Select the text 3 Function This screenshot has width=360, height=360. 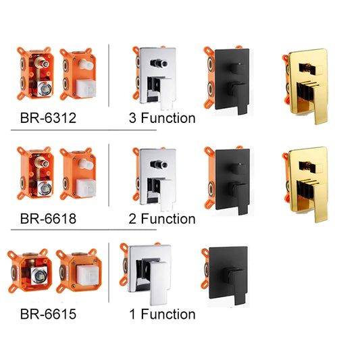162,119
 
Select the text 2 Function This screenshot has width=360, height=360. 162,218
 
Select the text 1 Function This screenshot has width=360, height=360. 162,314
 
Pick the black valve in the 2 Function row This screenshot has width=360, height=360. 227,178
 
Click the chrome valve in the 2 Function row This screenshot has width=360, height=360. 155,178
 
